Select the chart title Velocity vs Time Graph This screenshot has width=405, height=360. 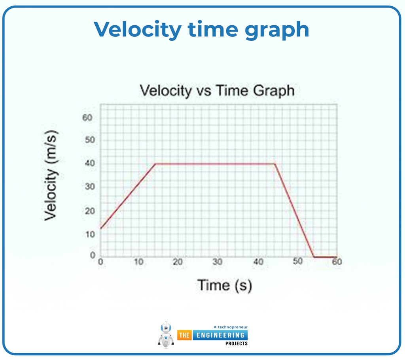click(x=217, y=90)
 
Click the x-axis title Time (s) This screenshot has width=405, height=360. click(x=224, y=285)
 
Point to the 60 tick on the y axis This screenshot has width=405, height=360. click(x=87, y=117)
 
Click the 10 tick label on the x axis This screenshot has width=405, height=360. click(x=138, y=262)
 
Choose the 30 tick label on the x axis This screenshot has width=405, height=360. click(x=217, y=262)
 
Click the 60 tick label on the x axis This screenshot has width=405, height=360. click(x=337, y=262)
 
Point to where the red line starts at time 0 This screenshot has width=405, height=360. click(x=101, y=228)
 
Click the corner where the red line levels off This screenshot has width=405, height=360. click(x=155, y=164)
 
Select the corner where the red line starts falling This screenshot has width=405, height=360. click(x=274, y=164)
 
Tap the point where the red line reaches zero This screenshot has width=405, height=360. click(x=314, y=257)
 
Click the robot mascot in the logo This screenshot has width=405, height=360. click(x=166, y=335)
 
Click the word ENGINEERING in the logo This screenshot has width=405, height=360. click(x=220, y=335)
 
